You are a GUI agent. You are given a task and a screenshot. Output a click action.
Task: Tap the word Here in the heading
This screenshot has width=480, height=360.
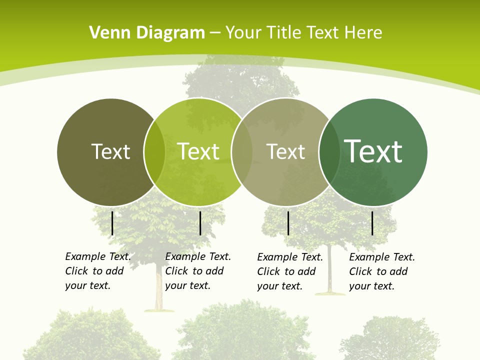pyautogui.click(x=363, y=33)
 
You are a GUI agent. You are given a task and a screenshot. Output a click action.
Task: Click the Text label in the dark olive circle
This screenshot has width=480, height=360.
pyautogui.click(x=110, y=151)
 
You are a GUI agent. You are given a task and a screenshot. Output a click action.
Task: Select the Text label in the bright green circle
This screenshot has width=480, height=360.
pyautogui.click(x=198, y=151)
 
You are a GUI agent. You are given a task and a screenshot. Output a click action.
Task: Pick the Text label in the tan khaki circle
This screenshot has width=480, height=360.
pyautogui.click(x=285, y=151)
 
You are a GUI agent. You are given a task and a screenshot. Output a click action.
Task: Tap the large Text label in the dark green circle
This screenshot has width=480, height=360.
pyautogui.click(x=373, y=151)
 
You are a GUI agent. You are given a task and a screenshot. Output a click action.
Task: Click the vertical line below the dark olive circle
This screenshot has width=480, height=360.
pyautogui.click(x=112, y=223)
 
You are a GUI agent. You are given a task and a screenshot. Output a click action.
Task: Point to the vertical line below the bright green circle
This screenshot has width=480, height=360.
pyautogui.click(x=200, y=223)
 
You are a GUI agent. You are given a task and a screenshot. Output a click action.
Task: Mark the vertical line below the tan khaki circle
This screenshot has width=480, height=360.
pyautogui.click(x=288, y=223)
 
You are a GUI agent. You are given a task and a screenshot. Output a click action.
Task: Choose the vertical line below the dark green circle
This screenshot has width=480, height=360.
pyautogui.click(x=372, y=223)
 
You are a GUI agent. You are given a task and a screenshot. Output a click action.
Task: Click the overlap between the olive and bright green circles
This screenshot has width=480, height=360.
pyautogui.click(x=154, y=152)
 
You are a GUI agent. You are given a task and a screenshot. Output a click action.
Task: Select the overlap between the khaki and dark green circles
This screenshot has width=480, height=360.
pyautogui.click(x=329, y=152)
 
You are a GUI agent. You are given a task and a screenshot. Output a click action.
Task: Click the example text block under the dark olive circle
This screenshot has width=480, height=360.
pyautogui.click(x=97, y=271)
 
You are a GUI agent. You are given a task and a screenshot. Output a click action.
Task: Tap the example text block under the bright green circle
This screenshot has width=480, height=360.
pyautogui.click(x=197, y=271)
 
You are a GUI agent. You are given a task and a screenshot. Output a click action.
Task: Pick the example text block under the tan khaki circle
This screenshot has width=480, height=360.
pyautogui.click(x=289, y=271)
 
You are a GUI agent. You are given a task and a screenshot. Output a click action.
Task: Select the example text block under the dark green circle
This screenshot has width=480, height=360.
pyautogui.click(x=381, y=271)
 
